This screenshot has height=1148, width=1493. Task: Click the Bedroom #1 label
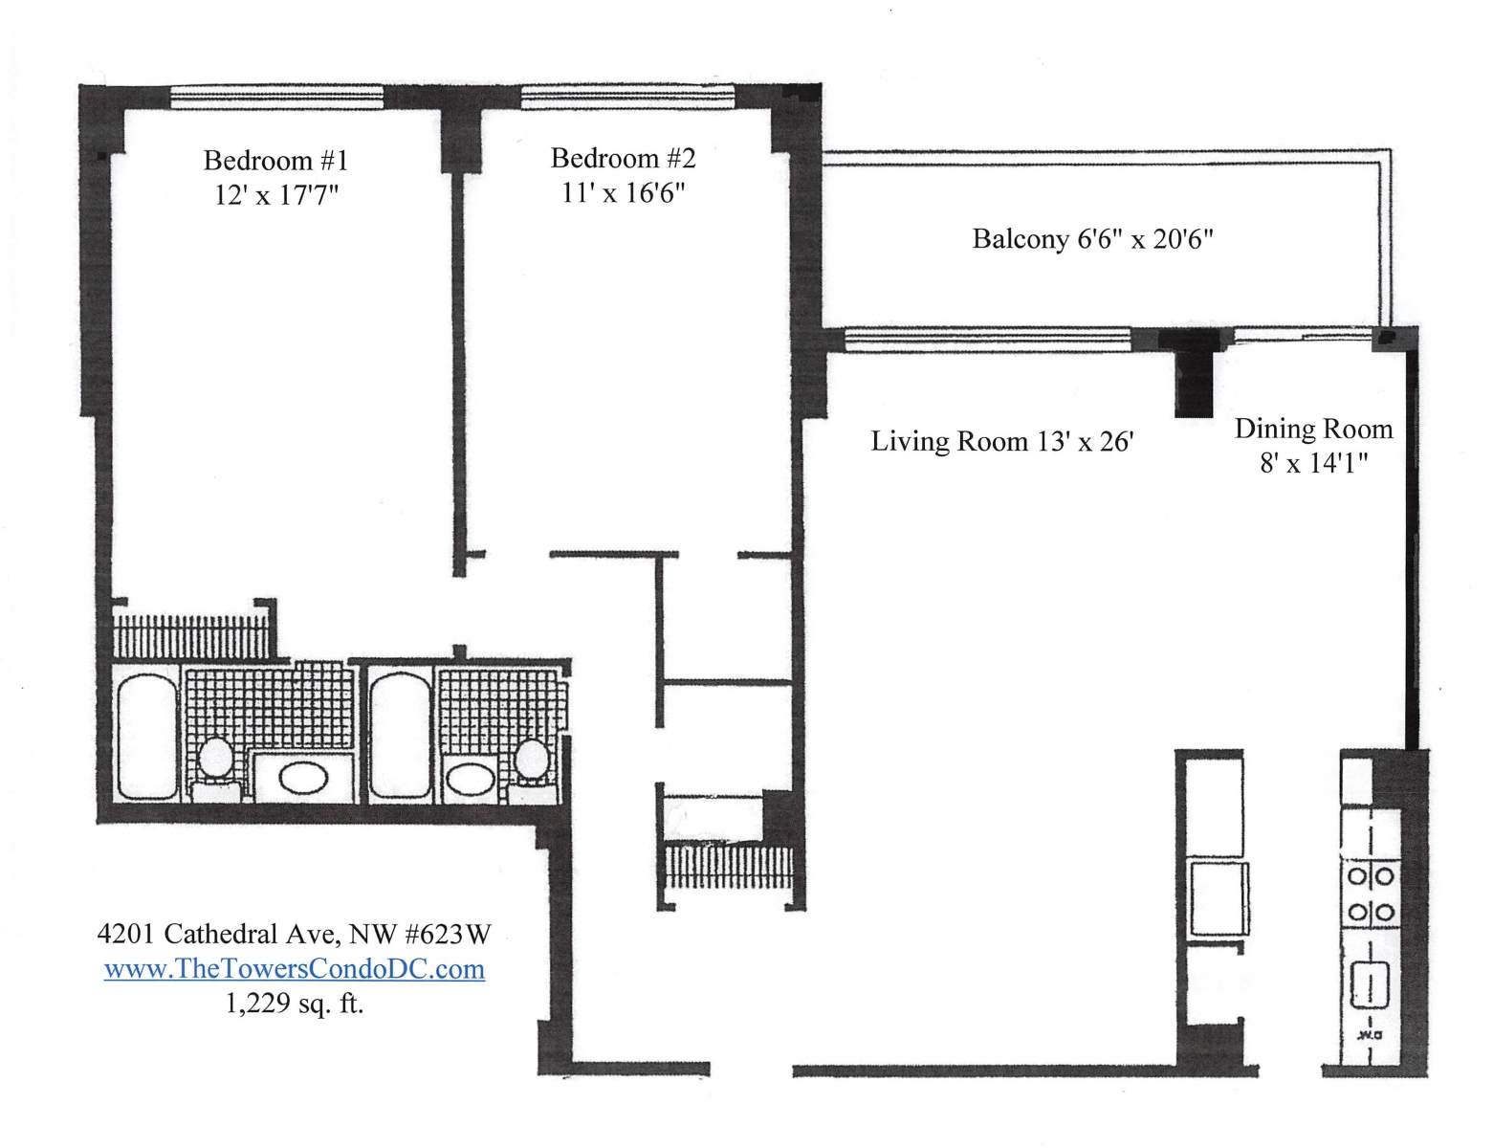click(275, 161)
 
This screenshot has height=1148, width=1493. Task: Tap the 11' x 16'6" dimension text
click(623, 192)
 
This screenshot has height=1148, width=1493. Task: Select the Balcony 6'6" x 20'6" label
click(1092, 239)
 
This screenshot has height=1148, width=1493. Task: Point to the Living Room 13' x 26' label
click(1001, 441)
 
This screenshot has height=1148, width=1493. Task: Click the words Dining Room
click(1313, 430)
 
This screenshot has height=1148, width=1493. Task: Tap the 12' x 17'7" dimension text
click(276, 195)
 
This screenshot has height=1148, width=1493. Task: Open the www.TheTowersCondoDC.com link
click(294, 969)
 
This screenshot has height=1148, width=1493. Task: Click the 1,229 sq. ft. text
click(294, 1004)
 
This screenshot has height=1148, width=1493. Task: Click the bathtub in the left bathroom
click(147, 735)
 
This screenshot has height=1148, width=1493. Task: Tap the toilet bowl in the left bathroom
click(215, 757)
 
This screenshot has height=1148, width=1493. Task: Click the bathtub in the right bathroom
click(402, 734)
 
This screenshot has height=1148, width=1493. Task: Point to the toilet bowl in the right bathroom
click(532, 759)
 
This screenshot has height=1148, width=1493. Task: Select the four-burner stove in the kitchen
click(1371, 894)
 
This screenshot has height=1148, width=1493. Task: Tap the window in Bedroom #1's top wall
click(276, 97)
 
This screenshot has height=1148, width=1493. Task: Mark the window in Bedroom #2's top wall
click(628, 97)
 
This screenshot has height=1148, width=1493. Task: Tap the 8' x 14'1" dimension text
click(1313, 464)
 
